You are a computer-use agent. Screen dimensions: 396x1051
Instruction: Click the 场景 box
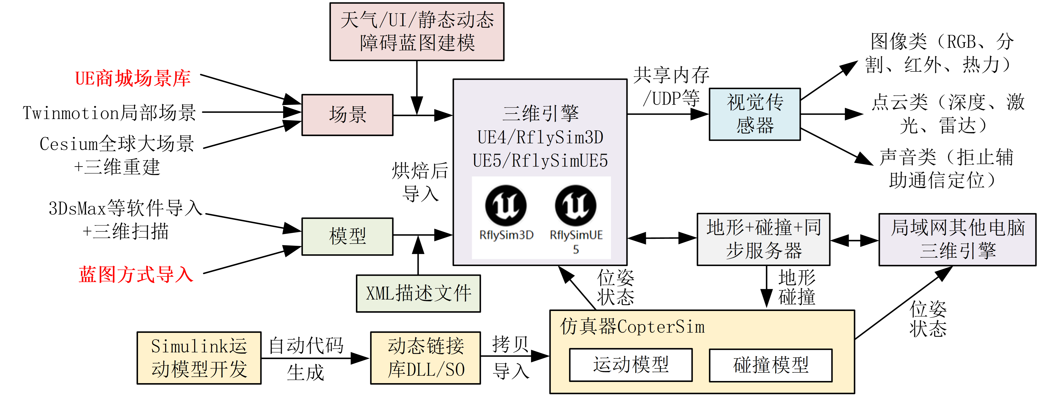tap(347, 115)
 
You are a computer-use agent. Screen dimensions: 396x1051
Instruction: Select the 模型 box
tap(347, 236)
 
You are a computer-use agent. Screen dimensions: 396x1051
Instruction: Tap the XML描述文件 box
tap(418, 293)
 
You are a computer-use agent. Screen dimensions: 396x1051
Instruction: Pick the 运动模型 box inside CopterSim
tap(631, 365)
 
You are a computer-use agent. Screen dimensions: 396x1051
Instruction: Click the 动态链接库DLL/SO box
tap(426, 358)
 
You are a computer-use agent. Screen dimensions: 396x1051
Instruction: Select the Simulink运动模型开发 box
tap(199, 358)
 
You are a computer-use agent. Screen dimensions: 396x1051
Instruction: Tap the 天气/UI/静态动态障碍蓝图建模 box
tap(417, 31)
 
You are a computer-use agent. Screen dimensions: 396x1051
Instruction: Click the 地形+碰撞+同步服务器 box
tap(763, 239)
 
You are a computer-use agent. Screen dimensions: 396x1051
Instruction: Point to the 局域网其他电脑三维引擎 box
tap(957, 239)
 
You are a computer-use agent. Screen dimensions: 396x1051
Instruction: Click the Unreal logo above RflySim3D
tap(506, 205)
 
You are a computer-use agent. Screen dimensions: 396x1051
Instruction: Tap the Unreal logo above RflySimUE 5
tap(576, 205)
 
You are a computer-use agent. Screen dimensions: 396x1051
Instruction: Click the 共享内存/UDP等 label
tap(671, 86)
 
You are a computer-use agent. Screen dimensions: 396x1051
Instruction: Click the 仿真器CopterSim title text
tap(632, 327)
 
